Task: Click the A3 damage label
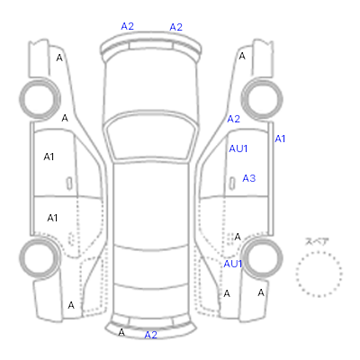click(x=249, y=178)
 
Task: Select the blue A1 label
click(x=280, y=139)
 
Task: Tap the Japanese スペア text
click(x=317, y=241)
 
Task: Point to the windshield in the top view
click(x=151, y=136)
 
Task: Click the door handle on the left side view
click(x=69, y=184)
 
